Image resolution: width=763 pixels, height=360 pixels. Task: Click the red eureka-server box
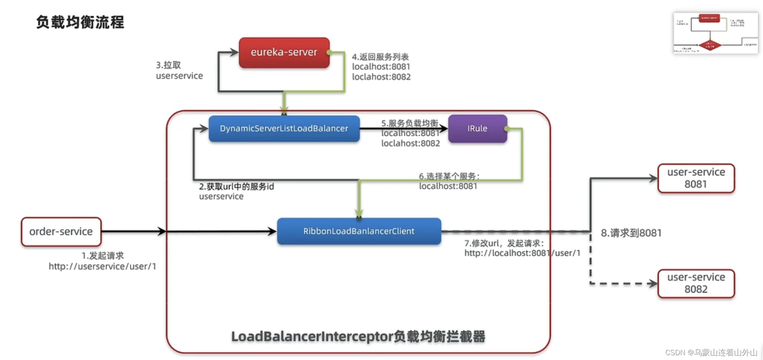pos(284,53)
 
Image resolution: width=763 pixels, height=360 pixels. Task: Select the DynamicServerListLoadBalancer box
pos(284,128)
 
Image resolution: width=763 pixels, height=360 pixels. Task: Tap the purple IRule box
pos(477,128)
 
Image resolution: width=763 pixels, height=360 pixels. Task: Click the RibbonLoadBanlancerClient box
pos(359,231)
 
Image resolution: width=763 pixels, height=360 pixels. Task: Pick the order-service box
pos(61,231)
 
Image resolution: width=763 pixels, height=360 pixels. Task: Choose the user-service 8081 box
pos(696,178)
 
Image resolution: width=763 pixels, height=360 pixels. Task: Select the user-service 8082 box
pos(696,283)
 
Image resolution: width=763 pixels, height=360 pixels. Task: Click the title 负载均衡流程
pos(80,22)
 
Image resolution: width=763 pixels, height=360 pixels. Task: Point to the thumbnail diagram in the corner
pos(715,33)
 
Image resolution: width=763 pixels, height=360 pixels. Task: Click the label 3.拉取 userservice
pos(179,70)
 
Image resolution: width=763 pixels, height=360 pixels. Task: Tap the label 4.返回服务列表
pos(381,57)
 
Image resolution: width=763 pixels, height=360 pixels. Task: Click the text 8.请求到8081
pos(631,233)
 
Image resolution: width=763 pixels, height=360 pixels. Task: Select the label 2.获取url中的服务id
pos(237,186)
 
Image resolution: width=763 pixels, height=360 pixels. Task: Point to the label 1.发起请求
pos(103,256)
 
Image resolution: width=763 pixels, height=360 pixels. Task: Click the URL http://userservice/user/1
pos(102,266)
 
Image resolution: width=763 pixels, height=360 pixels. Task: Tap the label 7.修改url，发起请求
pos(504,243)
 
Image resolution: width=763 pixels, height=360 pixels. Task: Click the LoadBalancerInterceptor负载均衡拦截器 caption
pos(358,337)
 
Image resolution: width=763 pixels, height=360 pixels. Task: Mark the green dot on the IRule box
pos(507,128)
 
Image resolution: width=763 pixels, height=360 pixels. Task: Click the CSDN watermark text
pos(711,352)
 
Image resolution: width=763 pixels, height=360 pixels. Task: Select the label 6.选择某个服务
pos(449,176)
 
